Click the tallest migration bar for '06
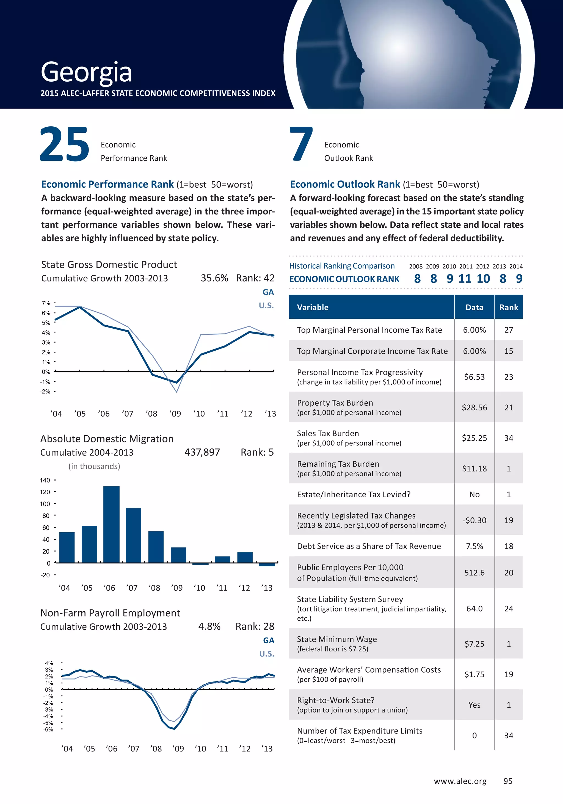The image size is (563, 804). coord(111,524)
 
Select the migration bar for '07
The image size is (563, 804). coord(134,535)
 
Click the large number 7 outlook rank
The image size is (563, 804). coord(301,144)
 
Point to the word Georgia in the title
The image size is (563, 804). coord(86,72)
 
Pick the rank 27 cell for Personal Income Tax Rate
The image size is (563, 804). coord(508,330)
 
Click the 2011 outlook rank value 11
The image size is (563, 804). coord(465,279)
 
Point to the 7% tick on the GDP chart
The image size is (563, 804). coord(46,303)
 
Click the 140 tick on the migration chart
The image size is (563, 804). coord(45,480)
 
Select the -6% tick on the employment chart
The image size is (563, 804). coord(48,730)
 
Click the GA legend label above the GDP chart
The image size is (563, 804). coord(268,292)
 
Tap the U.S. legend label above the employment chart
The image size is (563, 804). coord(267,654)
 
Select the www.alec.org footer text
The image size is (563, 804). coord(460,781)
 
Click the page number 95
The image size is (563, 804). coord(508,781)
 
